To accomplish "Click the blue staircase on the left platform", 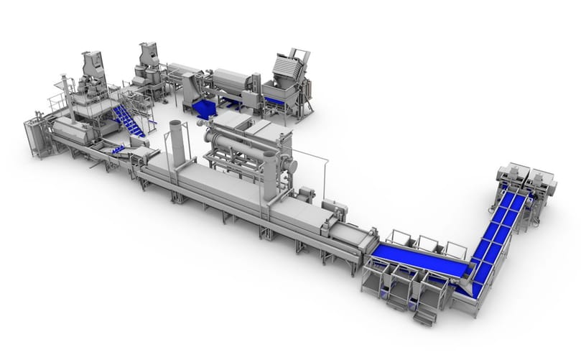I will [x=129, y=121].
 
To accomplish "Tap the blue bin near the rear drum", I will [x=204, y=109].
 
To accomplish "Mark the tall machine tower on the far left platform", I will [x=93, y=72].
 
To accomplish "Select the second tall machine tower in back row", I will [x=149, y=60].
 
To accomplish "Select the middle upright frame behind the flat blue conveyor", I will [x=428, y=244].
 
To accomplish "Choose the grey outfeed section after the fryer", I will [x=352, y=237].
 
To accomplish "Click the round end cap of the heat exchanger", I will [x=292, y=166].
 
